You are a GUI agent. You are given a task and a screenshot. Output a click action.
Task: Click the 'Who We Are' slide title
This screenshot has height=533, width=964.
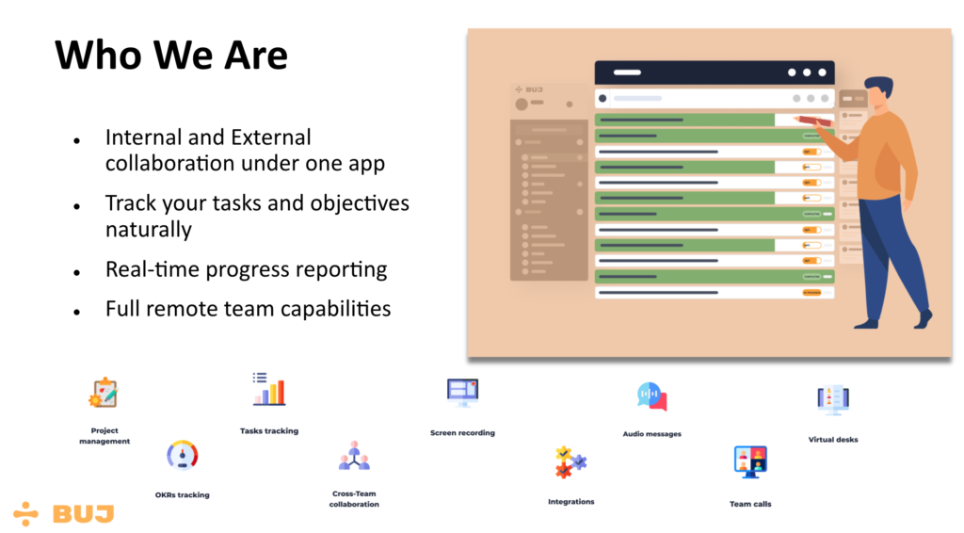point(171,56)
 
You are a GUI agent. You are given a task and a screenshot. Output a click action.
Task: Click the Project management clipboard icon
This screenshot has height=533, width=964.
point(104,393)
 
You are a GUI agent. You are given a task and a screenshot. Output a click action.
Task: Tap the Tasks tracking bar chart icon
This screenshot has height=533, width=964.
point(268,389)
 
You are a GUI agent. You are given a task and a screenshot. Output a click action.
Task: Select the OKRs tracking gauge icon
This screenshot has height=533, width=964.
point(182,456)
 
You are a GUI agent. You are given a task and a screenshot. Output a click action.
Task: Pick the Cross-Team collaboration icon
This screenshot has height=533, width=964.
point(354,456)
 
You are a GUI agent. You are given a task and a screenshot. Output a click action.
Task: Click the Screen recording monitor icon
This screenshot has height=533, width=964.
point(462,393)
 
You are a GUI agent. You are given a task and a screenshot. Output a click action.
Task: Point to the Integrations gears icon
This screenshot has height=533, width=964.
point(571,462)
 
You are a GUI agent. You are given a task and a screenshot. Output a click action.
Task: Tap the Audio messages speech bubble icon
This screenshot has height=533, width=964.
point(651,396)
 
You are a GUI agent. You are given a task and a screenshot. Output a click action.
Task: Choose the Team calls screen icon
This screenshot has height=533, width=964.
point(750,461)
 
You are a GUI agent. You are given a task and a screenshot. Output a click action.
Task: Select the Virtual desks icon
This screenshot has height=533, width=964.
point(833,400)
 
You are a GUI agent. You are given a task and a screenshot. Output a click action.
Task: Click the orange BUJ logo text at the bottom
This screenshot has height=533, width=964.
point(84,514)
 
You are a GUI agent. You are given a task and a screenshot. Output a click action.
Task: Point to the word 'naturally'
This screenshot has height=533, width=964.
point(148,230)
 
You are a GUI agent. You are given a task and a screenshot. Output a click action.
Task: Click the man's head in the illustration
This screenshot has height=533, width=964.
point(880,93)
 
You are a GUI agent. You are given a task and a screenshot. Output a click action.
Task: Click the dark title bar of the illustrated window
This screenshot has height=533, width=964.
point(715,73)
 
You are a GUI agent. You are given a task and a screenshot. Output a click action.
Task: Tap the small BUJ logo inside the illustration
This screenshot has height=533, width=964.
point(529,89)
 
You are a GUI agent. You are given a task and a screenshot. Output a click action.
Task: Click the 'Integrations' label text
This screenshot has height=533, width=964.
point(571,502)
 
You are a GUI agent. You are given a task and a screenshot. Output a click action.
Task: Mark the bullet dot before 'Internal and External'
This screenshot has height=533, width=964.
point(77,141)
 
